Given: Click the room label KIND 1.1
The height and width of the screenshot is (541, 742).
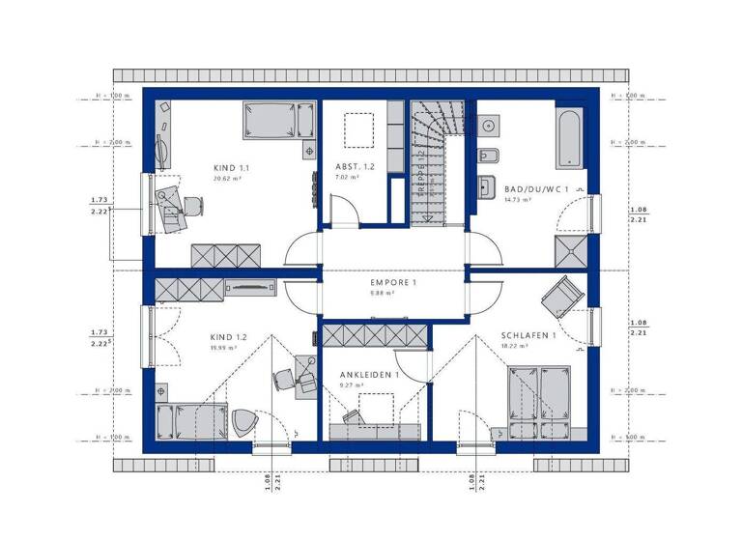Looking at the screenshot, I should tap(231, 167).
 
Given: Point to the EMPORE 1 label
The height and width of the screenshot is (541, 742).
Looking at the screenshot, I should tap(392, 283).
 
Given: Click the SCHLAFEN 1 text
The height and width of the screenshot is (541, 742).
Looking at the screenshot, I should tap(528, 335).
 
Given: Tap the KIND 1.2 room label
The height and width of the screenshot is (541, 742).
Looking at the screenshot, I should tap(229, 337).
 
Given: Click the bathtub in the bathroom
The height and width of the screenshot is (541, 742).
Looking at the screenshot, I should tap(568, 138).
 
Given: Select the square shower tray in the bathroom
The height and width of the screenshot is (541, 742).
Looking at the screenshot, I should tap(570, 253).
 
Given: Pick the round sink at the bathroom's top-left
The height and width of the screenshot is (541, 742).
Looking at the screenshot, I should tap(489, 125).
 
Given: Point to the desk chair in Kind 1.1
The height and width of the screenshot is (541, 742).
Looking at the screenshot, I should tap(192, 206).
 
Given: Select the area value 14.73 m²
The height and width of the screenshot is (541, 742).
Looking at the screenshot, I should tap(519, 200).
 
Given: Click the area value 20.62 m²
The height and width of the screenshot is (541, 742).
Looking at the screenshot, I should tap(226, 179).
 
